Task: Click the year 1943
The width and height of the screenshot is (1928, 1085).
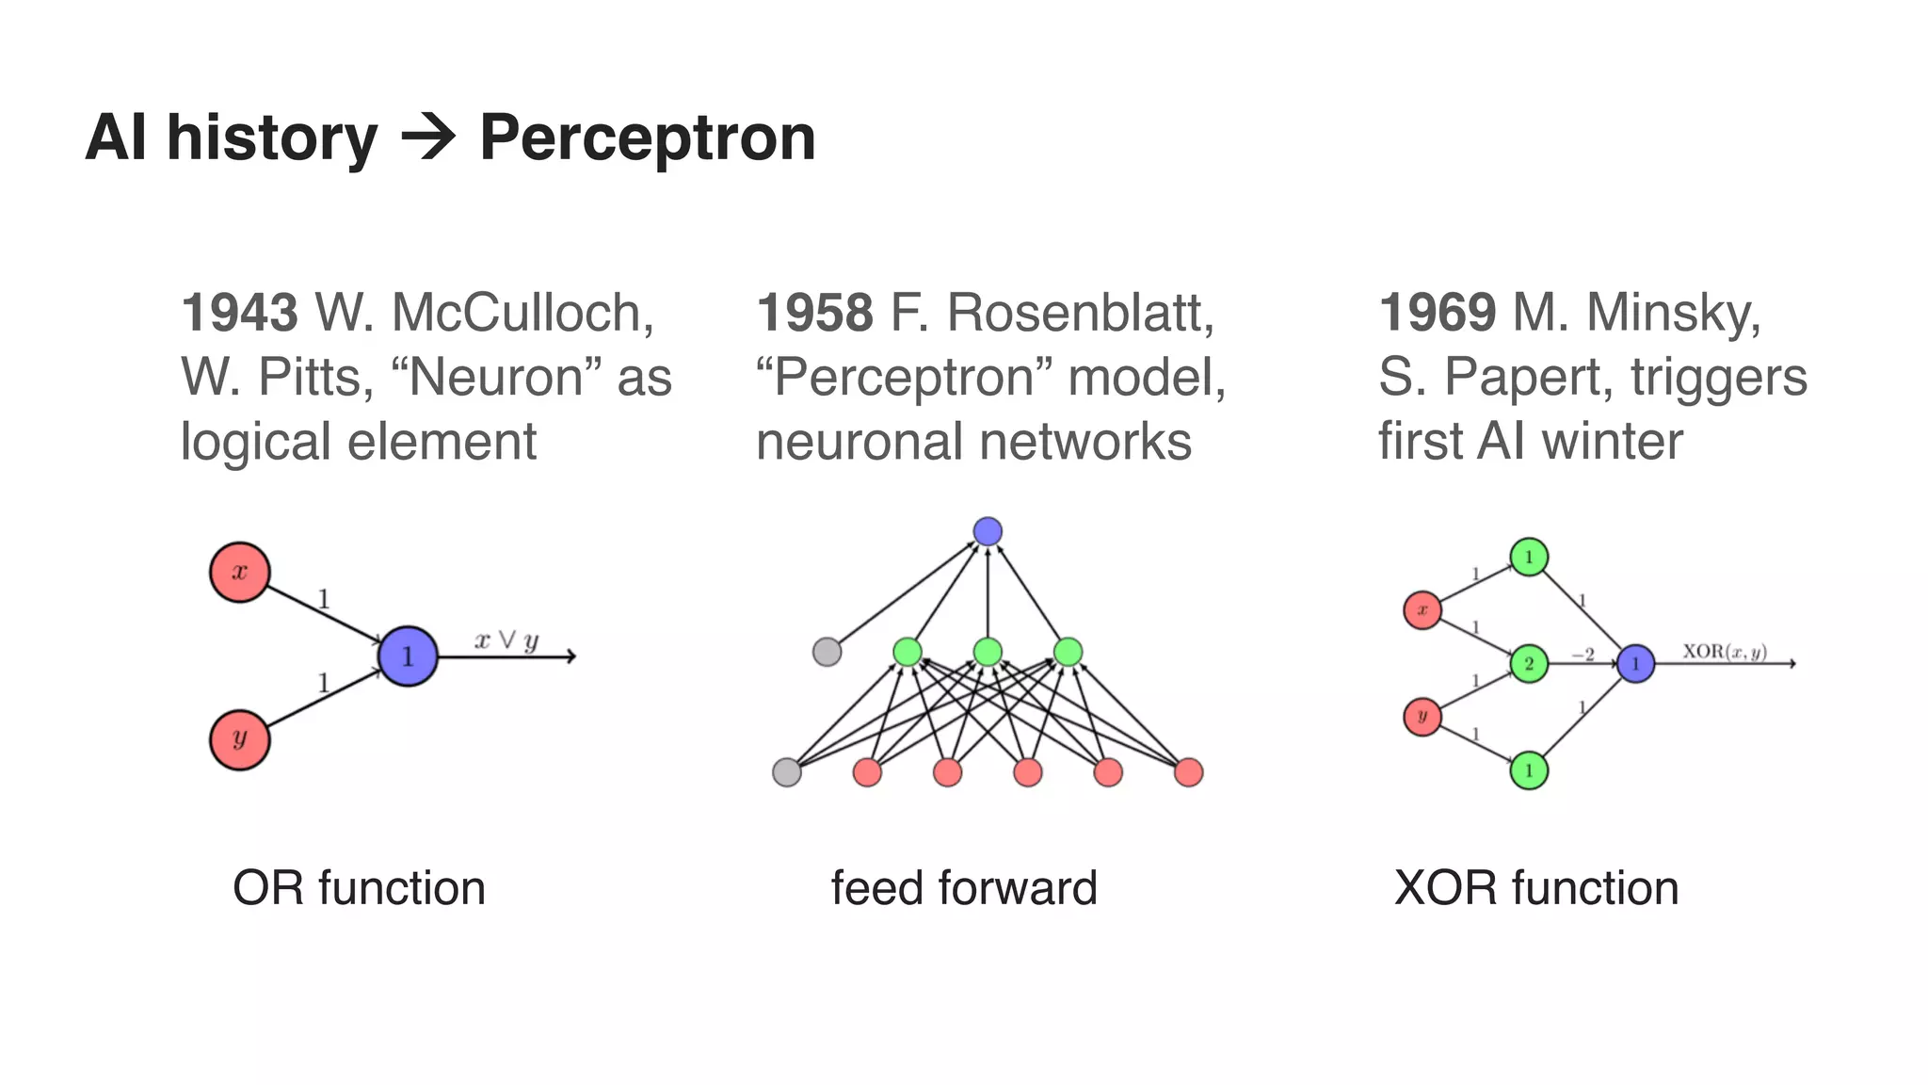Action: click(x=239, y=313)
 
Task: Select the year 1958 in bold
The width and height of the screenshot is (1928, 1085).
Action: click(x=814, y=313)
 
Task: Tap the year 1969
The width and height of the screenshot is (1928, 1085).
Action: click(x=1437, y=313)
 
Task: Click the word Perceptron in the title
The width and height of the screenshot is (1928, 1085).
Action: click(x=648, y=138)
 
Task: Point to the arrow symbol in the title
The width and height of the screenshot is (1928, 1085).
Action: click(x=428, y=138)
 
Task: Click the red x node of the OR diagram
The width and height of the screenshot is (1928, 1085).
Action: click(x=240, y=572)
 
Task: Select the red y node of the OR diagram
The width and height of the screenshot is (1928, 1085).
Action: click(x=240, y=740)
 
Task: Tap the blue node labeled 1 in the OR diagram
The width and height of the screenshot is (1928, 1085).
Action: click(x=408, y=656)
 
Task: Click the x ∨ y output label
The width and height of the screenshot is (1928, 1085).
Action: click(x=506, y=641)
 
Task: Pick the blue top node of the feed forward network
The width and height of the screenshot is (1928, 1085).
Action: click(x=988, y=531)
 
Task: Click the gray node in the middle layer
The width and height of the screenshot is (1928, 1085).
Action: click(x=827, y=652)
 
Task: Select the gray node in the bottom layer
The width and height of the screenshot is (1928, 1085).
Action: click(x=787, y=772)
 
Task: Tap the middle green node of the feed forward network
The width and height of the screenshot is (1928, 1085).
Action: click(x=988, y=652)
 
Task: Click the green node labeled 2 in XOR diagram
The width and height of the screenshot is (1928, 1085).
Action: click(x=1529, y=664)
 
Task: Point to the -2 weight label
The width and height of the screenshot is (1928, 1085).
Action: click(x=1583, y=654)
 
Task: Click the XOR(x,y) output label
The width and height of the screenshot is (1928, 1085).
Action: click(x=1725, y=652)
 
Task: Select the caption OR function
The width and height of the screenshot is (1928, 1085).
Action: click(x=359, y=888)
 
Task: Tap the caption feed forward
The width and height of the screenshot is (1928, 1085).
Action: click(x=964, y=888)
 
